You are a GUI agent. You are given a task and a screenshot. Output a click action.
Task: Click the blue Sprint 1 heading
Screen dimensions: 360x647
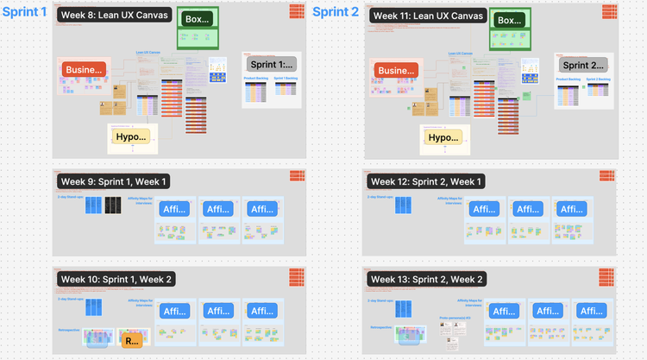(x=24, y=12)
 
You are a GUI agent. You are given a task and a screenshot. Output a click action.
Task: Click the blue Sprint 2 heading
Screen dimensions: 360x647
(x=335, y=12)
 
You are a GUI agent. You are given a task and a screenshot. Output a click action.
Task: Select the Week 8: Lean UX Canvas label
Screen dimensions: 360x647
(x=114, y=16)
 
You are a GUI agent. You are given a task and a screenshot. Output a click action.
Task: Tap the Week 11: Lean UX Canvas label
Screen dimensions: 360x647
(x=425, y=16)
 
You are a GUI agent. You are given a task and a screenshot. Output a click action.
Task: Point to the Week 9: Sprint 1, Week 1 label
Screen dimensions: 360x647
(x=113, y=181)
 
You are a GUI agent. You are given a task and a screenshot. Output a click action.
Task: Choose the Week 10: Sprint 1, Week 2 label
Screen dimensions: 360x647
(x=116, y=279)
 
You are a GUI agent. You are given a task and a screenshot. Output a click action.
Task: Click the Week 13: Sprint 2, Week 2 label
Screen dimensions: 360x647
(x=426, y=279)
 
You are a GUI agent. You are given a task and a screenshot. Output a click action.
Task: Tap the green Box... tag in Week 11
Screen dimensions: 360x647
(x=510, y=20)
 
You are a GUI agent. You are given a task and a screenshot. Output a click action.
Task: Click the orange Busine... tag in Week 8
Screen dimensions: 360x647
(x=85, y=71)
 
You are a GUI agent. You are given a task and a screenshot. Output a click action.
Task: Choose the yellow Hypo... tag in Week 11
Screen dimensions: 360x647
(x=443, y=136)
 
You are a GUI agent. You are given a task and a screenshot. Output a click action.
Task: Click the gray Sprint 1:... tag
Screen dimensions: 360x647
(x=270, y=65)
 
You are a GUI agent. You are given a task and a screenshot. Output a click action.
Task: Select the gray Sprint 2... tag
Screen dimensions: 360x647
(x=582, y=65)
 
